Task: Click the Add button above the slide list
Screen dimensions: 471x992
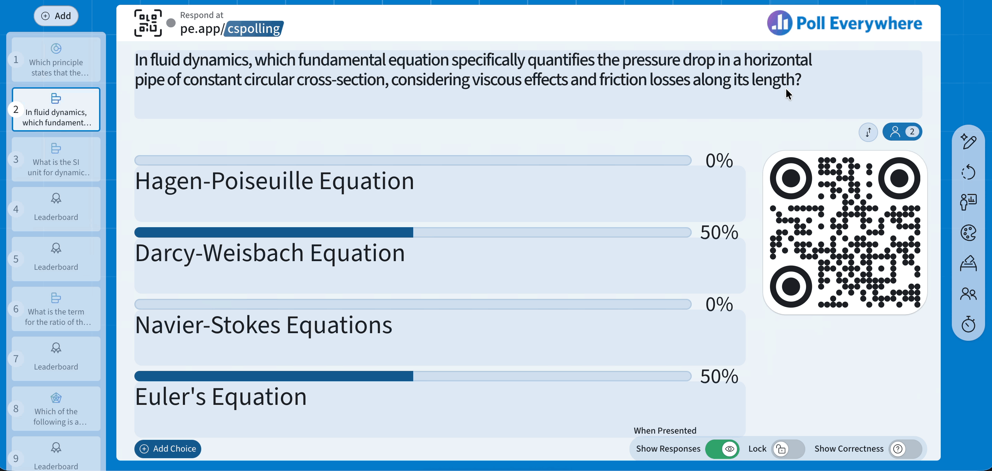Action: [x=56, y=16]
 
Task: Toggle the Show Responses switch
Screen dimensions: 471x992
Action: [x=722, y=449]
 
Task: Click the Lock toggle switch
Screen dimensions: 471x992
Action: [x=788, y=449]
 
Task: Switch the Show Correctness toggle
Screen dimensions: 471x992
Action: [x=905, y=449]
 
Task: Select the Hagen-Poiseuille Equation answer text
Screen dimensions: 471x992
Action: [x=274, y=181]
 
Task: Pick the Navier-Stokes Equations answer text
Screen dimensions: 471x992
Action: [x=263, y=325]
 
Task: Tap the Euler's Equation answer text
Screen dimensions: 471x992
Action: [x=221, y=396]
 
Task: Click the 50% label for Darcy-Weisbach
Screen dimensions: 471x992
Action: [x=719, y=232]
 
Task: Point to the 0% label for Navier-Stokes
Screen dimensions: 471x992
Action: [x=719, y=304]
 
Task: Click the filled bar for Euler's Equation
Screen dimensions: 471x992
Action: [x=273, y=376]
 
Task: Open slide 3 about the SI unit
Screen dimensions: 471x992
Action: [x=56, y=159]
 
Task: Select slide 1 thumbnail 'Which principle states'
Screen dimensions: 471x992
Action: [x=56, y=60]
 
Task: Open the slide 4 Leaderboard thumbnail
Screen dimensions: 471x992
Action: [x=56, y=209]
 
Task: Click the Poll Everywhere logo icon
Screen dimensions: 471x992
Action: [x=779, y=23]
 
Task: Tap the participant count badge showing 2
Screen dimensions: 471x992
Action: [x=902, y=132]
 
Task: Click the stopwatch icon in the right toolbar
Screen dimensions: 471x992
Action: [x=968, y=324]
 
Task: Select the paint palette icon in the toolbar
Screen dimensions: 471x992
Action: [x=968, y=233]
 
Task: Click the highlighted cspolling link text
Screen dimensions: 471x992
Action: [x=254, y=28]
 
